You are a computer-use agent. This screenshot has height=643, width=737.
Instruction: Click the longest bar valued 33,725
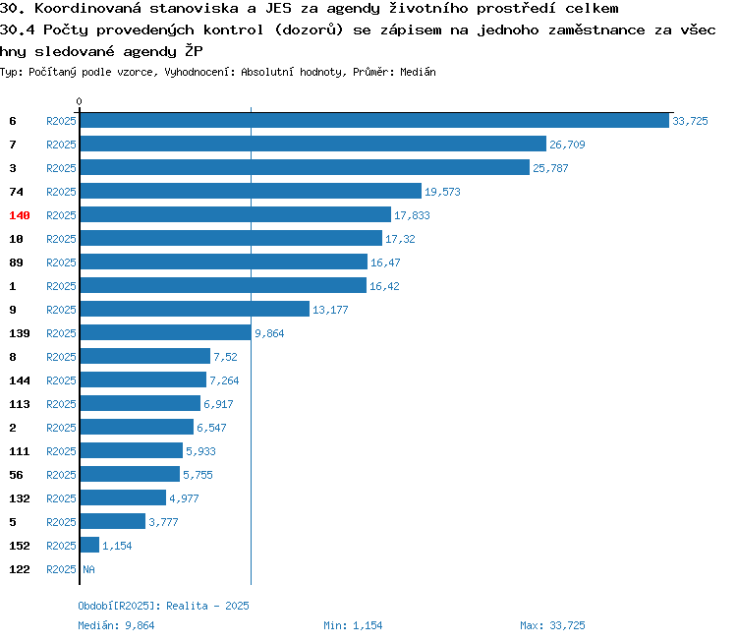pos(374,120)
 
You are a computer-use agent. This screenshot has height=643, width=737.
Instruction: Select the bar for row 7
pos(313,144)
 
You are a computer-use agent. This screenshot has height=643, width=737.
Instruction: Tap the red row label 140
pos(20,215)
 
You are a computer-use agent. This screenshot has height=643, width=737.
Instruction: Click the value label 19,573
pos(442,192)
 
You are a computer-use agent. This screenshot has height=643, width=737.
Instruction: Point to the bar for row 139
pos(165,332)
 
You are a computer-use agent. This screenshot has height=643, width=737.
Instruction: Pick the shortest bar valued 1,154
pos(89,545)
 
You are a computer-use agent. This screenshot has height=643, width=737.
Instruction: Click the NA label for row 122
pos(88,569)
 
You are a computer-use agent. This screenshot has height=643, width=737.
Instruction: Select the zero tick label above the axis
pos(79,101)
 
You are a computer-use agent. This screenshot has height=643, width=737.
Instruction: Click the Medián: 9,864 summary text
pos(116,625)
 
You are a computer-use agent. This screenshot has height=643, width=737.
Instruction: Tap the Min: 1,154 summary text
pos(353,625)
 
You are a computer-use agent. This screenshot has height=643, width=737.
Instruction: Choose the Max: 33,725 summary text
pos(552,625)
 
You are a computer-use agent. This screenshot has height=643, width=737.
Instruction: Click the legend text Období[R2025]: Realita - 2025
pos(163,606)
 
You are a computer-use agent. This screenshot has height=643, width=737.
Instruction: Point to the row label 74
pos(16,192)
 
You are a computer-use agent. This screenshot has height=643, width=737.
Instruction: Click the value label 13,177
pos(330,310)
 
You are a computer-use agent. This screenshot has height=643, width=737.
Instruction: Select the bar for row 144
pos(143,380)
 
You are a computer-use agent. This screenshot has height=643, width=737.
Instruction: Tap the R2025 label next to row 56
pos(61,475)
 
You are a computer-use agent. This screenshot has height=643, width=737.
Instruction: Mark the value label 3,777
pos(163,522)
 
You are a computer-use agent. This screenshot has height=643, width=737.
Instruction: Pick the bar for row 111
pos(132,450)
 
